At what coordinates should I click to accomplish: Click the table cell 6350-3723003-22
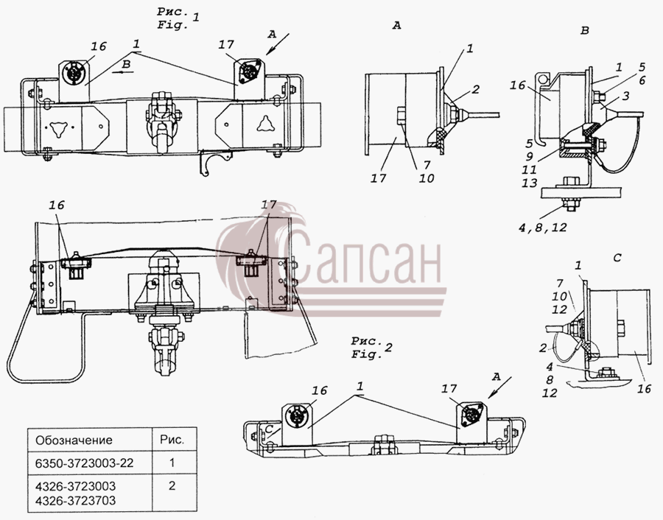click(84, 463)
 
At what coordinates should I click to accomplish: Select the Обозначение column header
click(74, 440)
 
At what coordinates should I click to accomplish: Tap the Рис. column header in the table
click(172, 440)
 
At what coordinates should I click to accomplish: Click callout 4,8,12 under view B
click(542, 228)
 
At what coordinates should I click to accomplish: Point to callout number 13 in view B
click(529, 183)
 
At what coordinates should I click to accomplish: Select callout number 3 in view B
click(625, 96)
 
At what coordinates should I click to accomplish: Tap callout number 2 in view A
click(476, 89)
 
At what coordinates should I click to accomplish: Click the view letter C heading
click(617, 258)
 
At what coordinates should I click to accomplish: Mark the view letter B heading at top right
click(585, 30)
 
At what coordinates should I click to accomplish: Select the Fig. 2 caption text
click(372, 348)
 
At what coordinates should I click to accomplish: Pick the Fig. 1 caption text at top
click(178, 18)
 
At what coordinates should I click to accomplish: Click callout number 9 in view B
click(530, 156)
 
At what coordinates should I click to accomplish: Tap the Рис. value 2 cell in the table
click(172, 485)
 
